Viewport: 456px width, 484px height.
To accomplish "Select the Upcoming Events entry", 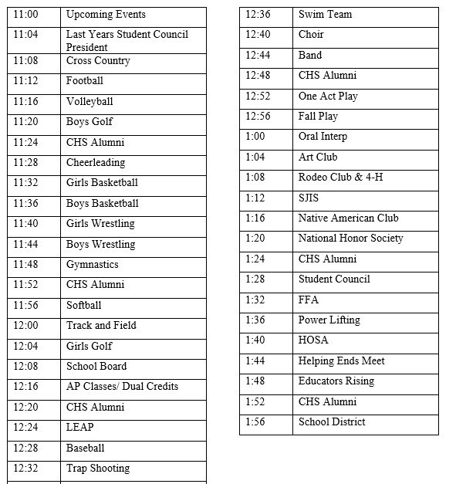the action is (106, 15).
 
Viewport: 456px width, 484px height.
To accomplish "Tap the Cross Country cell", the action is (98, 61).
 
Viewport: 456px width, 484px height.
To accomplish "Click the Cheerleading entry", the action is (96, 163).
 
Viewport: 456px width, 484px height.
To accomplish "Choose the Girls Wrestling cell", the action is (100, 224).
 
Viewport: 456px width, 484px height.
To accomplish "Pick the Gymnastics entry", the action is (93, 265).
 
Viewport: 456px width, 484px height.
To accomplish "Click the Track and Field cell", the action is (101, 326).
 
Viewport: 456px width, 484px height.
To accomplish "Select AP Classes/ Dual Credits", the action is (122, 387).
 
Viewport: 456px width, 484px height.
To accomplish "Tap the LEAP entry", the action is (80, 428).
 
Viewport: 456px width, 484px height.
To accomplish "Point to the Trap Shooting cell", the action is (98, 469).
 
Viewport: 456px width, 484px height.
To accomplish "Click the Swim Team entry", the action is (325, 15).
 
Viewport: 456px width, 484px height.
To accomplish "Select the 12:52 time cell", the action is (258, 96).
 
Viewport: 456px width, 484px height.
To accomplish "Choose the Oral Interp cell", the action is (323, 137).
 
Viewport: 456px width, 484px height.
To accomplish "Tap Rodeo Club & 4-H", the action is (340, 178).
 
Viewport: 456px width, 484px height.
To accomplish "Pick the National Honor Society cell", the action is (350, 239).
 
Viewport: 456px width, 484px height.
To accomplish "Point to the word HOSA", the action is (313, 340).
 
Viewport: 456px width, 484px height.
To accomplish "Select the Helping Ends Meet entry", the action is (341, 361).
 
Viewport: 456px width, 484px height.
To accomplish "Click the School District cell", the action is (332, 422).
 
